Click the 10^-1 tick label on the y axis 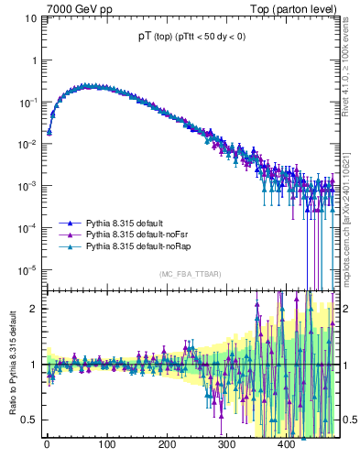29,102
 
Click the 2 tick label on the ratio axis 35,308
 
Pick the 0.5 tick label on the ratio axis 31,420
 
